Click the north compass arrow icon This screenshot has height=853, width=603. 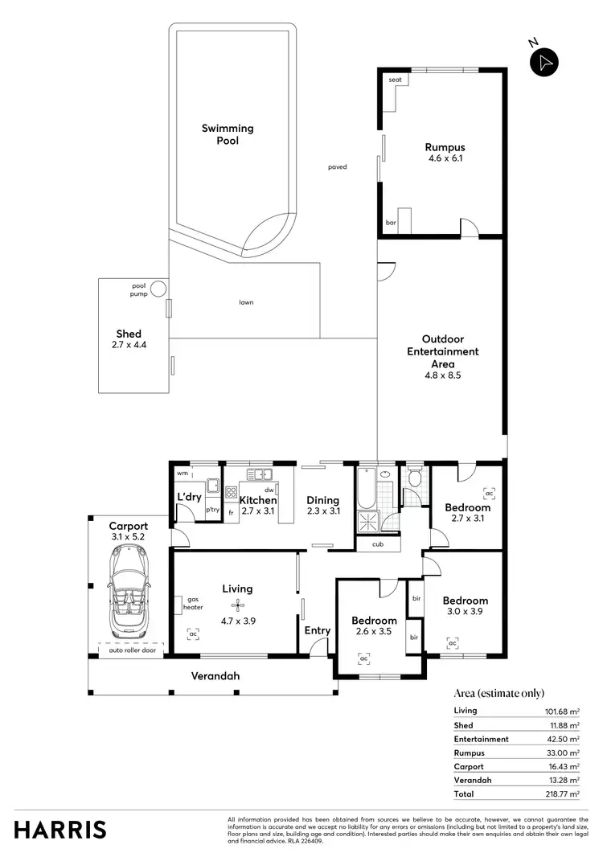tap(544, 62)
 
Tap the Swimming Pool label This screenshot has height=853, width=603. tap(227, 134)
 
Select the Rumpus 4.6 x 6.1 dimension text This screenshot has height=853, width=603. tap(445, 158)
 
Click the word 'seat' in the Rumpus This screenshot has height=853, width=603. tap(395, 80)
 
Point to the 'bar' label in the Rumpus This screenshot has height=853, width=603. tap(392, 222)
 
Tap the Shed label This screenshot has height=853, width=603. tap(129, 334)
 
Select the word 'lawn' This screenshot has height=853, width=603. tap(246, 303)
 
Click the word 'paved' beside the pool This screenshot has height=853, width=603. tap(337, 167)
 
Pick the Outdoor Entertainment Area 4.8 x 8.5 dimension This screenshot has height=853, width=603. tap(443, 374)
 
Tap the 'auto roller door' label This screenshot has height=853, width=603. tap(127, 650)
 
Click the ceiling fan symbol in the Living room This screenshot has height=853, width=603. tap(236, 605)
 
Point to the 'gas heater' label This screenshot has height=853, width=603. tap(193, 605)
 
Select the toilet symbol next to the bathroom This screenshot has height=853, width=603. tap(415, 480)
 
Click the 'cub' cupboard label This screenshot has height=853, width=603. tap(376, 544)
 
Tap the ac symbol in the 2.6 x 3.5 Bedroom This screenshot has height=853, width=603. tap(363, 658)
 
